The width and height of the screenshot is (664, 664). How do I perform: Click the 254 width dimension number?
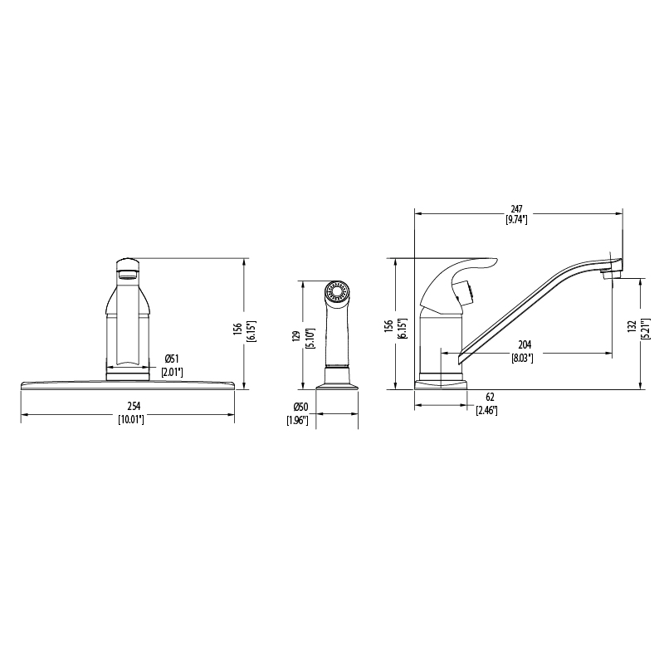(128, 406)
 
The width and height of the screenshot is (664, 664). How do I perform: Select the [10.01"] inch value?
(128, 420)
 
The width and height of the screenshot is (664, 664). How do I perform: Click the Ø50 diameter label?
(300, 408)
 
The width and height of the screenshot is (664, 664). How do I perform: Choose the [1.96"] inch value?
(299, 421)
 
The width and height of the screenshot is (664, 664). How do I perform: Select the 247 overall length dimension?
(517, 209)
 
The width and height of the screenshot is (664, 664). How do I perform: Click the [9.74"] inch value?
(517, 221)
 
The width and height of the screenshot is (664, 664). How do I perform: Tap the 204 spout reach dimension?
(525, 345)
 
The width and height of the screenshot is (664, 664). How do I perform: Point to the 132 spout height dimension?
(632, 327)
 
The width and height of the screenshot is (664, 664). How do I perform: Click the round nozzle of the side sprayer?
(336, 293)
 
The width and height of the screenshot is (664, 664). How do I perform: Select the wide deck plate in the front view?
(128, 385)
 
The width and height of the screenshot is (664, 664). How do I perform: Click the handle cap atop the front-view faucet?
(127, 264)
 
